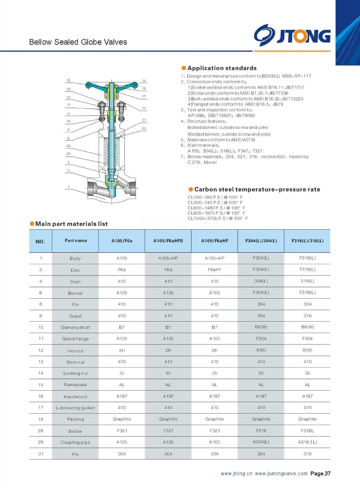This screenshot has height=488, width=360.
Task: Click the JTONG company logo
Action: (x=292, y=35)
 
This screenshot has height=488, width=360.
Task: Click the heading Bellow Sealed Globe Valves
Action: (x=78, y=42)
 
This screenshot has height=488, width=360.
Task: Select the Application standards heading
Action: (x=222, y=68)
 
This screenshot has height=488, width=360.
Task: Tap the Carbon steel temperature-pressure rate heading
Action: (x=257, y=189)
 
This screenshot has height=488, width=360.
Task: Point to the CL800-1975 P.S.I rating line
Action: (x=216, y=213)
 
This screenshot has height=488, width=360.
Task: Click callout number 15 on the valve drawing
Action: (x=69, y=81)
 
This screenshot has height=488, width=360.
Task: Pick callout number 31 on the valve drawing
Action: (x=144, y=120)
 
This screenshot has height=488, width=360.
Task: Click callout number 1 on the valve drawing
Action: (x=69, y=187)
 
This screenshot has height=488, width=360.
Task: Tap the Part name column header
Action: (x=76, y=241)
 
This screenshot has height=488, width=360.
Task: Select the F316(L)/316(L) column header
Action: (x=307, y=241)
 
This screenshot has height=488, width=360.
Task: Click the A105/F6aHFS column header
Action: (x=168, y=241)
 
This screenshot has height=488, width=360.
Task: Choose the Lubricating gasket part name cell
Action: (x=75, y=408)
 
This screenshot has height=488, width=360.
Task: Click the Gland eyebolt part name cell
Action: (x=75, y=327)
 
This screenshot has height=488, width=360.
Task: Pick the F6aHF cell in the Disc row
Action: (x=214, y=270)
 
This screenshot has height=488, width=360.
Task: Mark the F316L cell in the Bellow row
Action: (x=307, y=431)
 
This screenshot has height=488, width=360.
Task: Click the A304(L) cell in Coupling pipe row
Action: (x=261, y=442)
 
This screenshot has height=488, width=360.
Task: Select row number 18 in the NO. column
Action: (x=41, y=419)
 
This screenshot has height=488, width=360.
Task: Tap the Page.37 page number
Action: (x=320, y=474)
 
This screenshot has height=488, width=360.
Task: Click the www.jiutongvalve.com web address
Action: (x=281, y=474)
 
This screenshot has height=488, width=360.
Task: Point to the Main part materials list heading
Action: (x=71, y=224)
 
